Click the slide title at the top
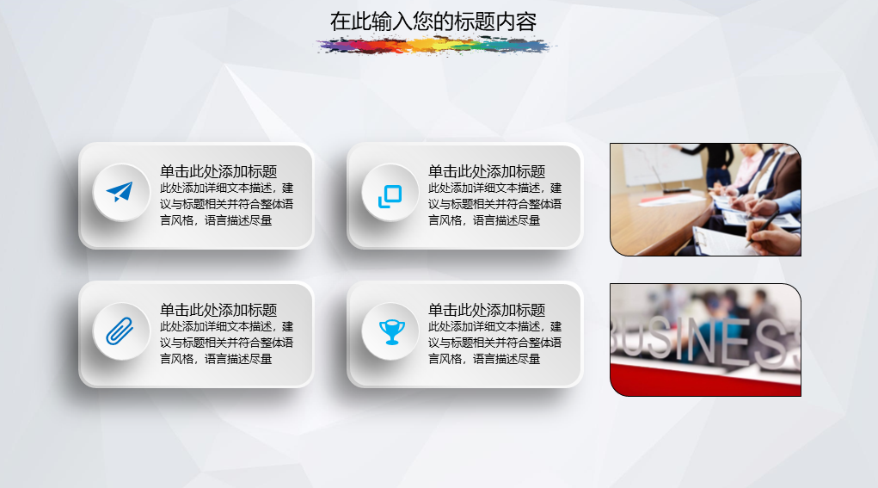[x=433, y=22]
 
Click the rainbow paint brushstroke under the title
[x=434, y=46]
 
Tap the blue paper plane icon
[x=120, y=192]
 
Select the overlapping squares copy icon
[x=390, y=196]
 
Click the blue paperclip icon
[x=120, y=331]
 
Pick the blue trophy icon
[x=392, y=331]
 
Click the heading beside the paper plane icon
[x=218, y=171]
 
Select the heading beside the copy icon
[x=487, y=171]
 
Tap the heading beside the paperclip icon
[x=218, y=310]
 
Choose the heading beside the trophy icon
[x=487, y=310]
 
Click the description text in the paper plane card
[x=227, y=205]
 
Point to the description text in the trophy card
[x=495, y=343]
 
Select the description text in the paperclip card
[x=227, y=343]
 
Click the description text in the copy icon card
[x=495, y=205]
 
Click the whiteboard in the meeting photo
[x=663, y=164]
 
